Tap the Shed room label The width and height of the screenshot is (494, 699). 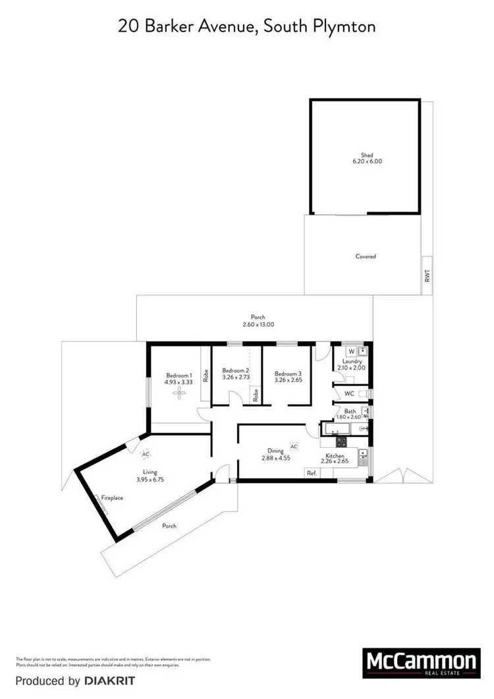[x=367, y=155]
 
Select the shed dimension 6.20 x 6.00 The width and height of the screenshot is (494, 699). [x=367, y=162]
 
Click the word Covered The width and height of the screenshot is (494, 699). [x=366, y=256]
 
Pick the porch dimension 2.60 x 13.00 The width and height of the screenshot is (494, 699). [x=254, y=324]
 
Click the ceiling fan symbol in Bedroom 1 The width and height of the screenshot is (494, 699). [x=179, y=393]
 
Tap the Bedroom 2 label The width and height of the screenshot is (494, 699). [x=235, y=371]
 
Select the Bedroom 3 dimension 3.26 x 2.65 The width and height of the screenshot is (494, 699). [x=288, y=379]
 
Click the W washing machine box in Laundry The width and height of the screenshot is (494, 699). [x=352, y=351]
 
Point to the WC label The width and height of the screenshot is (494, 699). [x=350, y=394]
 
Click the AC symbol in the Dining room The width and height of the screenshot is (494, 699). [x=294, y=446]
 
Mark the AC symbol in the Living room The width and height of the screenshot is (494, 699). [x=146, y=454]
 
